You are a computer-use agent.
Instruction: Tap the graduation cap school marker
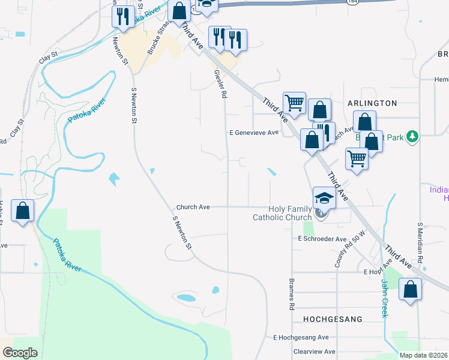click(x=324, y=199)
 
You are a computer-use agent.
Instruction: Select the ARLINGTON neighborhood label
click(x=372, y=103)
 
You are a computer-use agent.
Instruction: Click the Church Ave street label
click(x=193, y=207)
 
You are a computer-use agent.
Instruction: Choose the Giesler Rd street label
click(x=220, y=83)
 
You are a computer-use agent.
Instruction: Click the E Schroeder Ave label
click(x=322, y=239)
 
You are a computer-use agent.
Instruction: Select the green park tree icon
click(x=412, y=137)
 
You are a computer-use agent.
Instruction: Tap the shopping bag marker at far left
click(x=22, y=211)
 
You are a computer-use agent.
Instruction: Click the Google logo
click(x=20, y=353)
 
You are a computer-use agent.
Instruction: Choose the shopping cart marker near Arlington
click(x=294, y=103)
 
